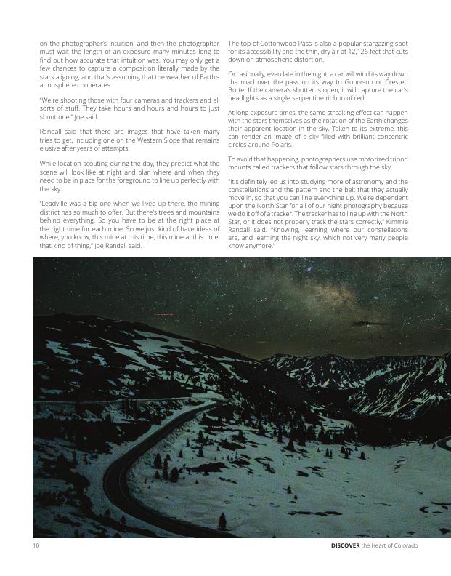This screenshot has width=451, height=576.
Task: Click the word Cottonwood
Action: [273, 44]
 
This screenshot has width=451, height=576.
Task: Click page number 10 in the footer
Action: [36, 545]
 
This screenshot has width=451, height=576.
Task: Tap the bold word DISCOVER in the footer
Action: [345, 545]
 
